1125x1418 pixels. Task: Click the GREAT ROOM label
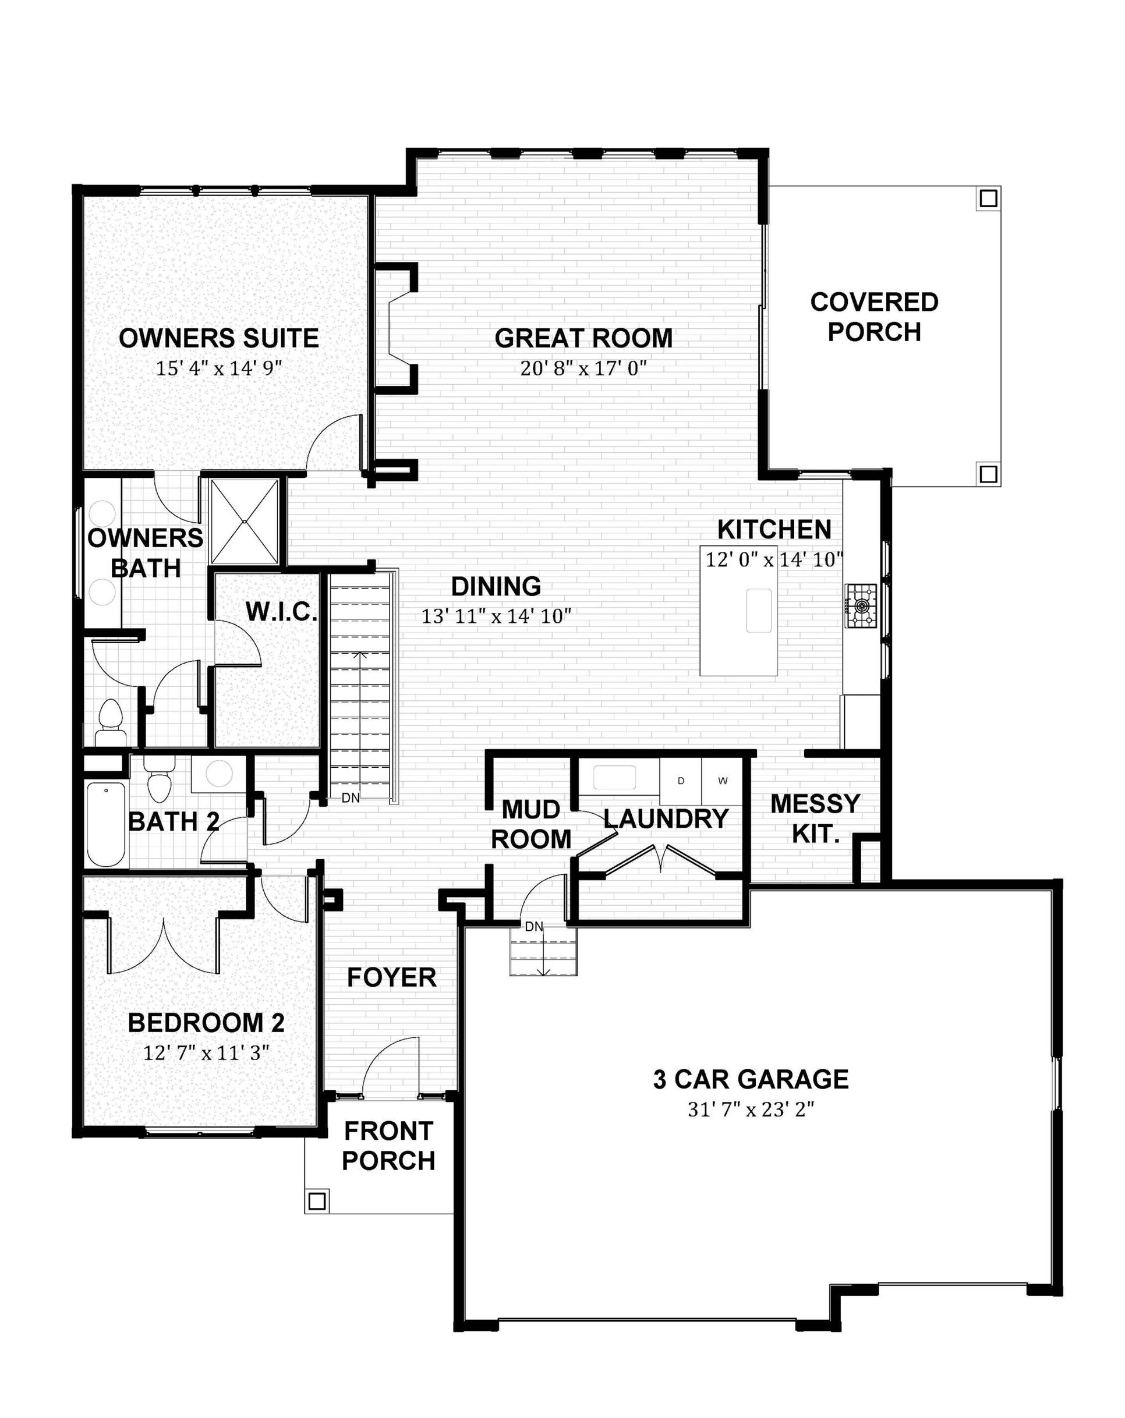(x=583, y=338)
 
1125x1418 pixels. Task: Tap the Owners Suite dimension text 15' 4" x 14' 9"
(x=218, y=368)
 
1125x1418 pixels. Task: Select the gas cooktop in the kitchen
(x=861, y=605)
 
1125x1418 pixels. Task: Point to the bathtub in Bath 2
(x=106, y=824)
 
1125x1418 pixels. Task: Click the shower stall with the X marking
(x=245, y=521)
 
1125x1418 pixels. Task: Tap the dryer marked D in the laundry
(x=680, y=781)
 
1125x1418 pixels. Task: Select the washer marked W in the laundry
(x=723, y=781)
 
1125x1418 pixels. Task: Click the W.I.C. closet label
(x=282, y=612)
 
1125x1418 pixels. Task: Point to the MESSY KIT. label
(x=815, y=818)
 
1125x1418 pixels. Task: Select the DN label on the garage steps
(x=533, y=927)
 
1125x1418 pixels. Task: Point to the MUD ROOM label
(x=531, y=824)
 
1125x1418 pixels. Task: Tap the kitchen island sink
(x=759, y=611)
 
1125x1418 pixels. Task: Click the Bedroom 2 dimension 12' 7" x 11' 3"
(x=207, y=1053)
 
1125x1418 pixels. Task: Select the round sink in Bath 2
(x=218, y=774)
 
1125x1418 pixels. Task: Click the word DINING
(x=496, y=586)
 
